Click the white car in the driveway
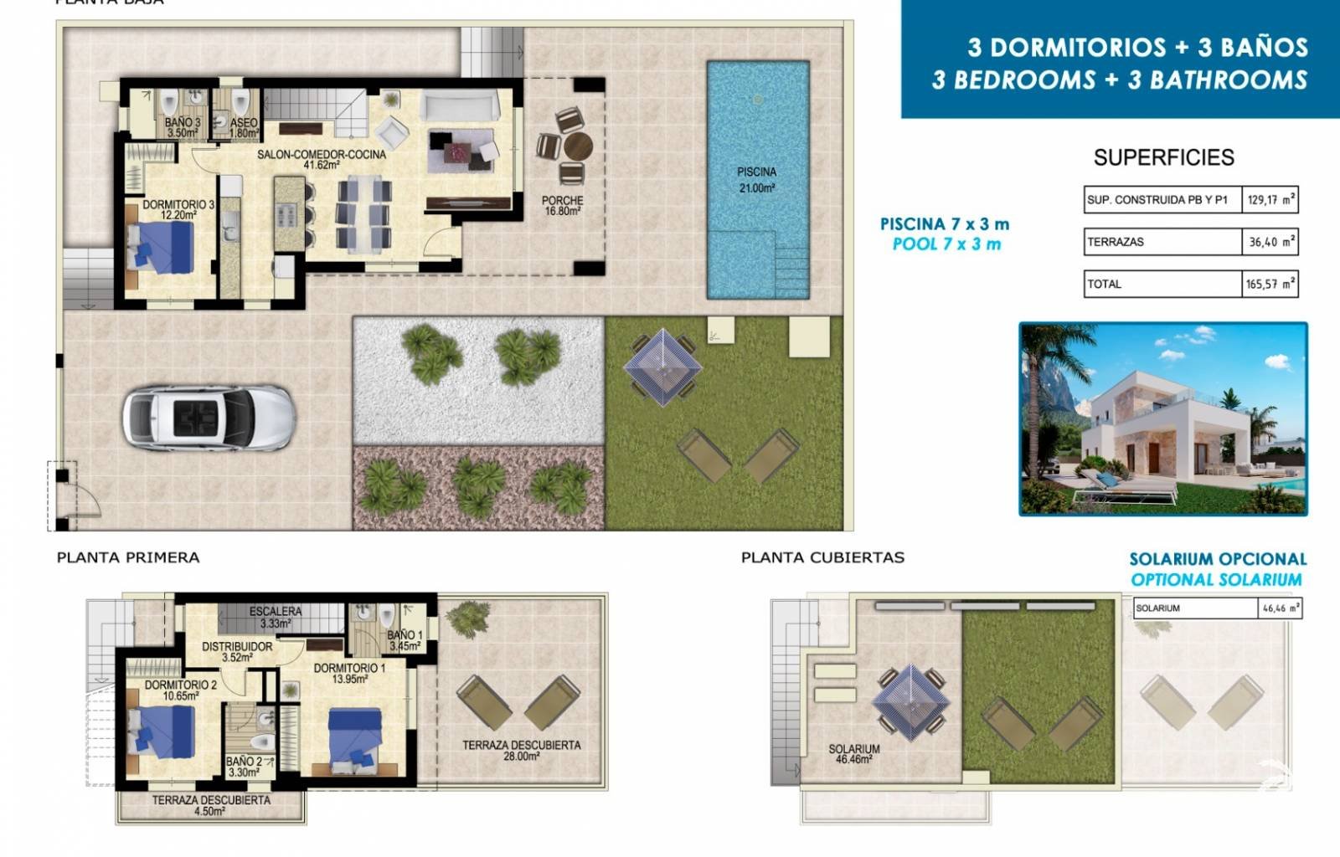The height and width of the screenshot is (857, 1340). [x=209, y=418]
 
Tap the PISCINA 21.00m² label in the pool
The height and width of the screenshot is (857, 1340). [x=756, y=180]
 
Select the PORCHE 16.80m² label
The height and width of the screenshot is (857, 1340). [x=562, y=206]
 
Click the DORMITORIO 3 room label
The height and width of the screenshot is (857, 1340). [x=178, y=209]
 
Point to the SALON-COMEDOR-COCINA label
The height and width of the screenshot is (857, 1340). [x=322, y=159]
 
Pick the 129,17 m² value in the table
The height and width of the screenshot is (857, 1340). [x=1270, y=200]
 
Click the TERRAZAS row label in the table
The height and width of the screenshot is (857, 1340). [x=1116, y=242]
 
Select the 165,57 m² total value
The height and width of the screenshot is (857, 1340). [x=1270, y=284]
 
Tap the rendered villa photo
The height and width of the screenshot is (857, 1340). [x=1162, y=418]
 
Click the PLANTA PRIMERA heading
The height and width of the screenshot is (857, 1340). [x=128, y=557]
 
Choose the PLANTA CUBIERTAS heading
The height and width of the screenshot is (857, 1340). [x=822, y=557]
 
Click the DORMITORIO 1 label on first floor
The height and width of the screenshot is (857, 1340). [x=349, y=673]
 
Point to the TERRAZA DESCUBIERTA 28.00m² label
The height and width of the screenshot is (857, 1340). [x=521, y=750]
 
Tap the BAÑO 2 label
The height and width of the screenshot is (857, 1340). [x=244, y=767]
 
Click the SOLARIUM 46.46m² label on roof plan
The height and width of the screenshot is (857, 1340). [x=853, y=754]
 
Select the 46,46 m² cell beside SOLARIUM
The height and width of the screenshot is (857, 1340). [x=1281, y=608]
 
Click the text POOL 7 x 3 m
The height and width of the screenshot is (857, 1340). [x=946, y=244]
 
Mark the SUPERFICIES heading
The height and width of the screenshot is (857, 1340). [x=1163, y=157]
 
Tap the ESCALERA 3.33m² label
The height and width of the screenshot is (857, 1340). [x=275, y=617]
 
